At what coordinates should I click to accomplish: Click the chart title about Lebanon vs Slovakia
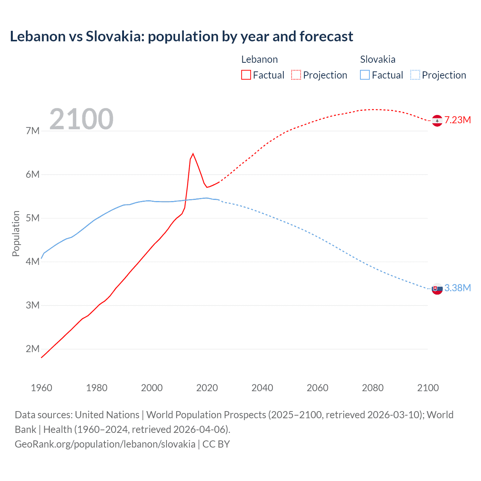pos(182,36)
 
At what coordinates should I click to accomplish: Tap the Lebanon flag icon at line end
pos(437,121)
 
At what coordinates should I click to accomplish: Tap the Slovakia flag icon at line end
pos(437,289)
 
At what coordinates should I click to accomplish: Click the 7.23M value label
pos(457,120)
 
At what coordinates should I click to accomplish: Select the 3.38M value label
pos(457,288)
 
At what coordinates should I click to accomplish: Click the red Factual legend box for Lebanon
pos(246,75)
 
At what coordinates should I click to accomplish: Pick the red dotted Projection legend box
pos(296,75)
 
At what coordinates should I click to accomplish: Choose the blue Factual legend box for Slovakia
pos(365,75)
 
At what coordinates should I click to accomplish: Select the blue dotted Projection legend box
pos(415,75)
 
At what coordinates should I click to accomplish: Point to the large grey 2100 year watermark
pos(81,119)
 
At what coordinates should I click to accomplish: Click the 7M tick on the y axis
pos(33,131)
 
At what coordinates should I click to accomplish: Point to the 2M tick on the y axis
pos(33,349)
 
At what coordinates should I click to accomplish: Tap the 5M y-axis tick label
pos(33,218)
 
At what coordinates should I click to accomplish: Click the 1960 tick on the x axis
pos(41,388)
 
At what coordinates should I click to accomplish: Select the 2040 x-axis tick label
pos(262,388)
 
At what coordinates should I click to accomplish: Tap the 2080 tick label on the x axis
pos(373,388)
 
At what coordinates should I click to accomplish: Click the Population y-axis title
pos(16,233)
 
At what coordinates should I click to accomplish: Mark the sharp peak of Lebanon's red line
pos(193,153)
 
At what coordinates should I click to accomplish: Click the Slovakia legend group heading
pos(378,59)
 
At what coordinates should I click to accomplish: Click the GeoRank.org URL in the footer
pos(105,444)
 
